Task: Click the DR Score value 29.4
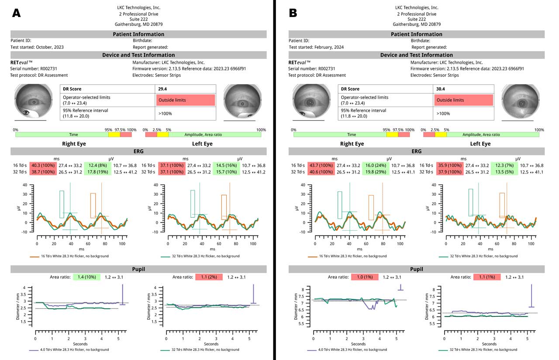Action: pos(163,89)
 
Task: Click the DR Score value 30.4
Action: pos(441,89)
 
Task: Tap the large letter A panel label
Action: pos(16,13)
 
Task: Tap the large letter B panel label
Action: pos(293,13)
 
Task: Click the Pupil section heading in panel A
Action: pos(138,269)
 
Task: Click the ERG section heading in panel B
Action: pos(416,151)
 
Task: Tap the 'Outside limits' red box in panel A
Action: pos(185,100)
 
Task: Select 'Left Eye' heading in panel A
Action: pos(202,144)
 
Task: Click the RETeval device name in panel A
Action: pos(22,62)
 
